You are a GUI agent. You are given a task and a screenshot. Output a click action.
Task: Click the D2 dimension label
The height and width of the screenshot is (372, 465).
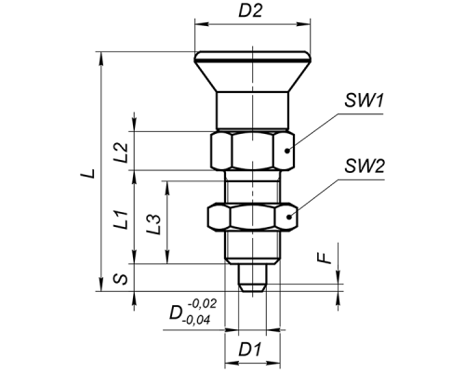point(250,10)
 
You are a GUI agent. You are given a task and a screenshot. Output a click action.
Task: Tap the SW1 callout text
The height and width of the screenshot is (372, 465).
point(365,100)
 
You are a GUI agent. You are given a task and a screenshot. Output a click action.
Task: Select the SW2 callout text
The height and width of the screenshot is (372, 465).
point(365,166)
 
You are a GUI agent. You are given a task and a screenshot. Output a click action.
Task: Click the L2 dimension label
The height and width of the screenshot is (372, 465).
point(121,153)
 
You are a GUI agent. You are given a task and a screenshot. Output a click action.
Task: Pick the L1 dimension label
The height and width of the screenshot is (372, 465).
point(120,219)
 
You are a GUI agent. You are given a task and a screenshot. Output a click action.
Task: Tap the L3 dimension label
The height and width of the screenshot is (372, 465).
point(154,224)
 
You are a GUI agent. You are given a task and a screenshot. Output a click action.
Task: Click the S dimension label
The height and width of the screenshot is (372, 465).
point(120,279)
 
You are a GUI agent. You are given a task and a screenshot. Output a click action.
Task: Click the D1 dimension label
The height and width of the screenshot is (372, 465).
point(250,350)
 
